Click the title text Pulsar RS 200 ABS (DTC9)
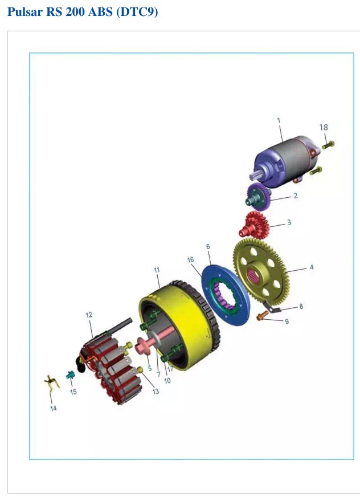83,12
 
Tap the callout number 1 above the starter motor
279,120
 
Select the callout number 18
324,127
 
